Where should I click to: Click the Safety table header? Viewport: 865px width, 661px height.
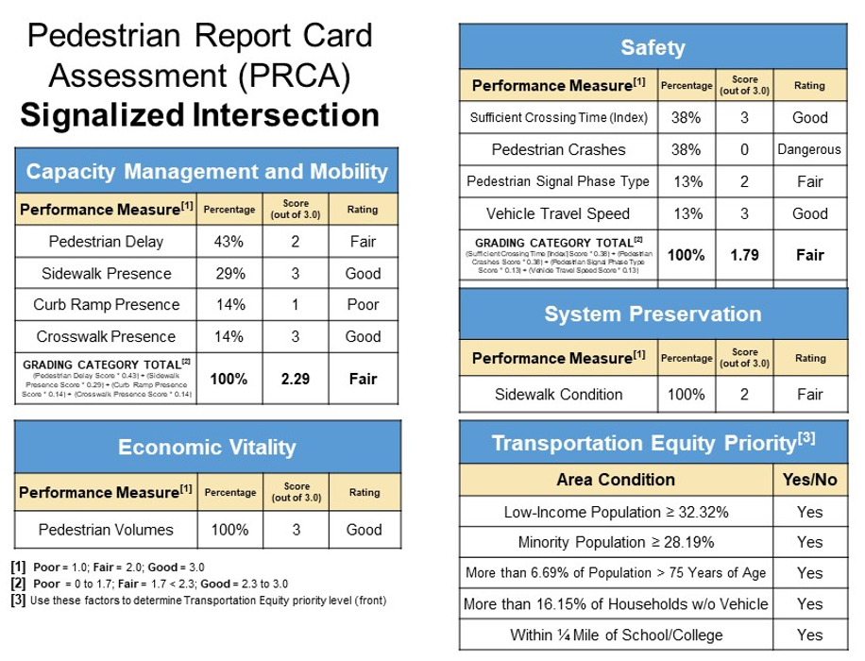[653, 47]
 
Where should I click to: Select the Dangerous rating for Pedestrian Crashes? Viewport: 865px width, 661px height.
[809, 149]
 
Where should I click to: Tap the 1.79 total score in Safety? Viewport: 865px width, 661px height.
[744, 254]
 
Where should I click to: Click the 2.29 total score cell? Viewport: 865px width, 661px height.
[296, 379]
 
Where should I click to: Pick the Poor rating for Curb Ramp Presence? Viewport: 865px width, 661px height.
[364, 305]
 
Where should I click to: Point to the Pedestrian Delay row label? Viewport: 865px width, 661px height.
[106, 242]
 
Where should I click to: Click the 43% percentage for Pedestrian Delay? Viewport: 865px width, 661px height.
[228, 242]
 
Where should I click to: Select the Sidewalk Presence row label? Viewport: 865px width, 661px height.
[106, 274]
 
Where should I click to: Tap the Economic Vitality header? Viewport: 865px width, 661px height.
[206, 448]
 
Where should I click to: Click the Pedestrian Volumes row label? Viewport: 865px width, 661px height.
[106, 530]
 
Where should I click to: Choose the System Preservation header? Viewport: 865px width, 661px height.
[653, 314]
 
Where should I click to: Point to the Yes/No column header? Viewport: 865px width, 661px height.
[809, 480]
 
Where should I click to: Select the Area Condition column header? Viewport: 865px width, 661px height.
[616, 480]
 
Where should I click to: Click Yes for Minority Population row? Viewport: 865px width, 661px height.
[809, 542]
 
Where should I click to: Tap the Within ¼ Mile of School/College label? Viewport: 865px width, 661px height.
[616, 634]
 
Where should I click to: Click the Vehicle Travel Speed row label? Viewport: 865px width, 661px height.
[558, 213]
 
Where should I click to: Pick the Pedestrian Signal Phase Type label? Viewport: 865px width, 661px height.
[558, 181]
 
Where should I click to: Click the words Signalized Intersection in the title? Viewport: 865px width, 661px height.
[199, 116]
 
